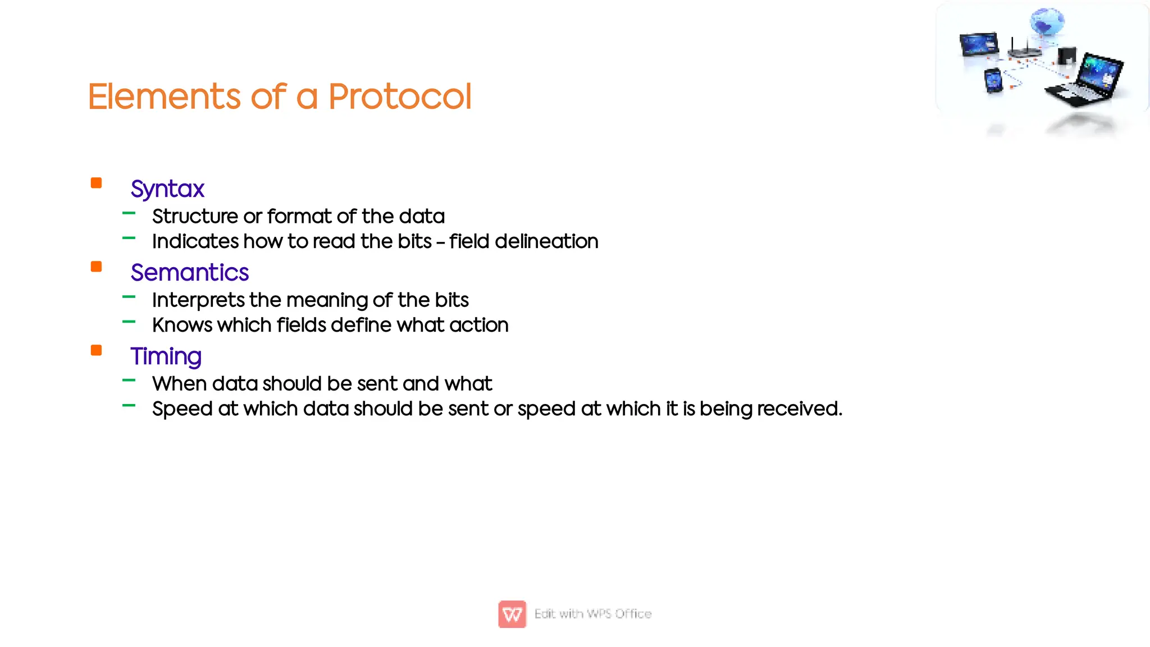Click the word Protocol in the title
pyautogui.click(x=399, y=97)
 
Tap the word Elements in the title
pyautogui.click(x=165, y=97)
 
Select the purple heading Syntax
pyautogui.click(x=167, y=189)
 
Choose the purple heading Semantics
pyautogui.click(x=189, y=273)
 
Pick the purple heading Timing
pyautogui.click(x=166, y=356)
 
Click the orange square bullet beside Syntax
pyautogui.click(x=97, y=183)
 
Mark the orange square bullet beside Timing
pyautogui.click(x=97, y=350)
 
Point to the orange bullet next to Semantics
pyautogui.click(x=97, y=267)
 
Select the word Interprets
pyautogui.click(x=198, y=300)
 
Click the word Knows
pyautogui.click(x=182, y=325)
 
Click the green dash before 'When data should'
pyautogui.click(x=129, y=380)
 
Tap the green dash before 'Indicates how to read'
pyautogui.click(x=129, y=238)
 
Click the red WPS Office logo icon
pyautogui.click(x=512, y=614)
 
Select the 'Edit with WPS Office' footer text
pyautogui.click(x=593, y=614)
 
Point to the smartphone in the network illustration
pyautogui.click(x=993, y=81)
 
